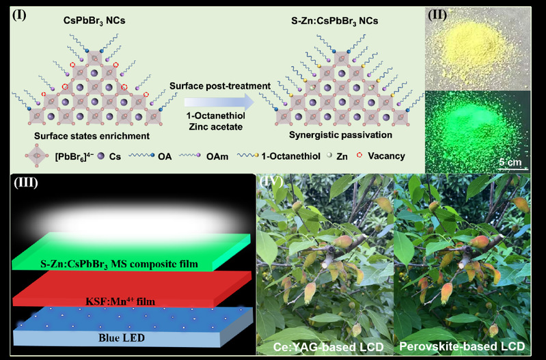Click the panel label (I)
19,15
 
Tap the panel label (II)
437,15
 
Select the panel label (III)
26,183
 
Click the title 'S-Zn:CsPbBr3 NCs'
335,21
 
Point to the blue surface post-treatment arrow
219,102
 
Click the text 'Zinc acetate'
216,127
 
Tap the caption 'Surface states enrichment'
92,136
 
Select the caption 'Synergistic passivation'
340,135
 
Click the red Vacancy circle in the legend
359,156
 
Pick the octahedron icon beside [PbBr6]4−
37,156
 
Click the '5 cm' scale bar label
510,162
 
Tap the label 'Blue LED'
122,337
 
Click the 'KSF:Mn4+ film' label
120,301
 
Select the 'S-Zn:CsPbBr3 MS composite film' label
119,264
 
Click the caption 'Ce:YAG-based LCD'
329,347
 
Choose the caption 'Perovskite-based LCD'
462,346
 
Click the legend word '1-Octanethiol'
290,156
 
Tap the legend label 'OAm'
217,156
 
